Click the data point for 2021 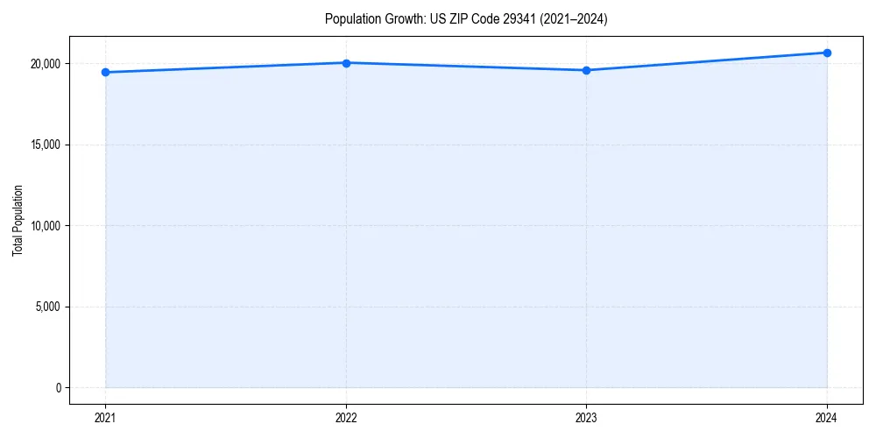[x=105, y=72]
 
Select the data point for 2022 [x=346, y=63]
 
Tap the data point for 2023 [x=586, y=70]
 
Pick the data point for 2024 [x=827, y=53]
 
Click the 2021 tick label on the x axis [x=105, y=417]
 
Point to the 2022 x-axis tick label [x=346, y=417]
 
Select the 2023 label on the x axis [x=586, y=417]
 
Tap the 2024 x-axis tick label [x=827, y=417]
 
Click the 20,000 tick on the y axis [x=44, y=64]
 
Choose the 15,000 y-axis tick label [x=44, y=145]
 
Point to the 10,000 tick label [x=44, y=226]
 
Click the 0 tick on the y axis [x=58, y=388]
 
